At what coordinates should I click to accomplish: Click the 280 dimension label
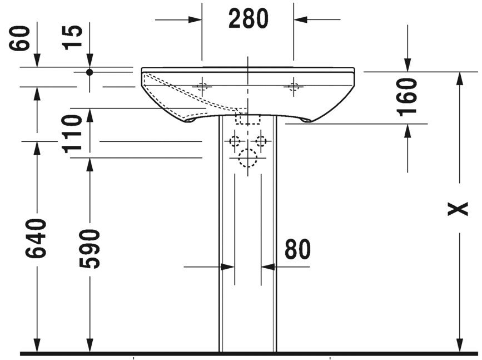[x=248, y=19]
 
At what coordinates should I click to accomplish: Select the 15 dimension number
[x=74, y=37]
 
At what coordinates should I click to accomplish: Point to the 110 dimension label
[x=72, y=133]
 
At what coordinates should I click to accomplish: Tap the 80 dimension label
[x=297, y=250]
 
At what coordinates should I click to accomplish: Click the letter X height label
[x=459, y=209]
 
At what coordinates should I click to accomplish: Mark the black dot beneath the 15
[x=90, y=72]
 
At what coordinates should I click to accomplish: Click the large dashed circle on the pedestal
[x=247, y=159]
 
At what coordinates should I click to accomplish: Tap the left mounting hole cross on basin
[x=202, y=87]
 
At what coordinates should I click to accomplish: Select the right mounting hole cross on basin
[x=294, y=87]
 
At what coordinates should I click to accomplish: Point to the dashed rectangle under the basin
[x=248, y=119]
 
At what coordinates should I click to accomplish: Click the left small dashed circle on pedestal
[x=235, y=141]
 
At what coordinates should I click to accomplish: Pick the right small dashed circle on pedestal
[x=260, y=141]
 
